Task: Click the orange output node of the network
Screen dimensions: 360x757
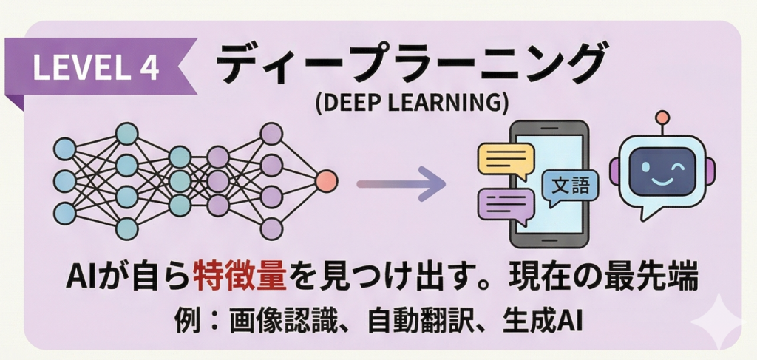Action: click(x=326, y=180)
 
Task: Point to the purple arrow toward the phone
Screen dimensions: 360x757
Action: click(x=399, y=181)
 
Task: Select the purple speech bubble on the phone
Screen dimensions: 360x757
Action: click(x=506, y=206)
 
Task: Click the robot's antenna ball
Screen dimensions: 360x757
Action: click(x=662, y=118)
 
